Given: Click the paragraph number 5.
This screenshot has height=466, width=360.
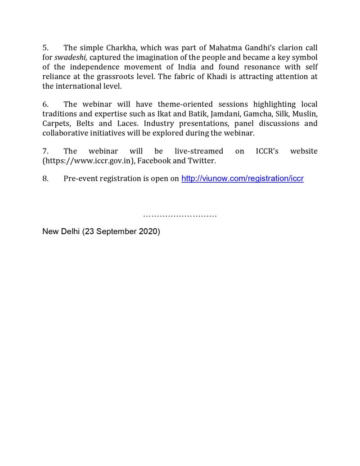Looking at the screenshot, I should click(45, 48).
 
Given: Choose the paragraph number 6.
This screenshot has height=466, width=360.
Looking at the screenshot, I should click(45, 104).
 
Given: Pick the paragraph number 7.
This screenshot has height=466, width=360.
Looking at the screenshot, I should click(45, 151).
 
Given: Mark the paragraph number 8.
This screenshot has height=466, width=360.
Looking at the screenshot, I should click(45, 179).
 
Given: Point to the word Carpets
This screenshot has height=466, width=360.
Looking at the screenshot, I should click(56, 123).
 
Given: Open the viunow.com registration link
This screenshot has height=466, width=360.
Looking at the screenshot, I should click(242, 179).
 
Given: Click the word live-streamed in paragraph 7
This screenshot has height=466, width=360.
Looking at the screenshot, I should click(198, 151).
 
